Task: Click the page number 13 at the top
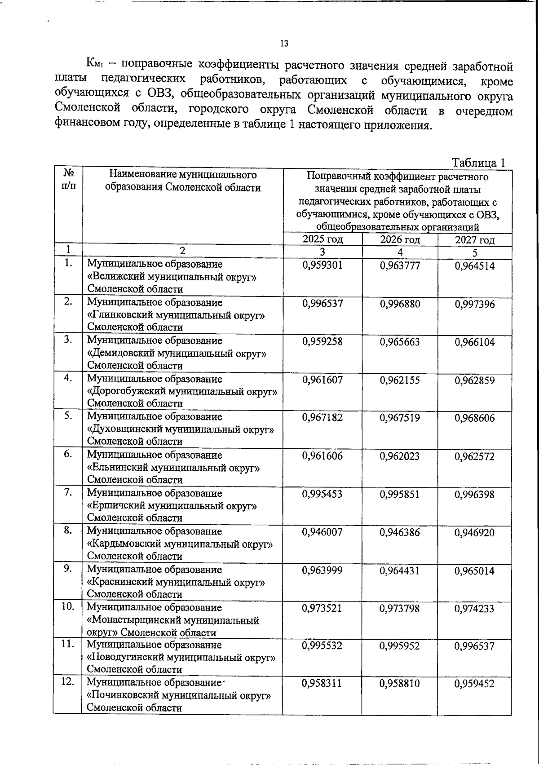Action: click(x=284, y=44)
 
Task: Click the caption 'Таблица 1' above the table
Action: click(x=478, y=163)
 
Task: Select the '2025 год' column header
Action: click(x=323, y=239)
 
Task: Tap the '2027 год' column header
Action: click(x=475, y=240)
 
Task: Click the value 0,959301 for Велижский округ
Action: click(x=323, y=265)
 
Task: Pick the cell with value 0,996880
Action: click(x=400, y=304)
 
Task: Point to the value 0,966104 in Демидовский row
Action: click(x=475, y=342)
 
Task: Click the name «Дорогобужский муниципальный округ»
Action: click(x=182, y=391)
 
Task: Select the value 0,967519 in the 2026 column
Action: click(x=400, y=418)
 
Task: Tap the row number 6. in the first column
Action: click(x=68, y=454)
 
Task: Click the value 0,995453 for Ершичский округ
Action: click(x=323, y=495)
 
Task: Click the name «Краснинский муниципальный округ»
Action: click(x=176, y=583)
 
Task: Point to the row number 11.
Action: click(x=68, y=644)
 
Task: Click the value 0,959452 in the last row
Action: click(x=475, y=684)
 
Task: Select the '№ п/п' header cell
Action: click(x=68, y=179)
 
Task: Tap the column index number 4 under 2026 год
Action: click(x=400, y=252)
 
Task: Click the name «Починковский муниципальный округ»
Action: click(x=179, y=696)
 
